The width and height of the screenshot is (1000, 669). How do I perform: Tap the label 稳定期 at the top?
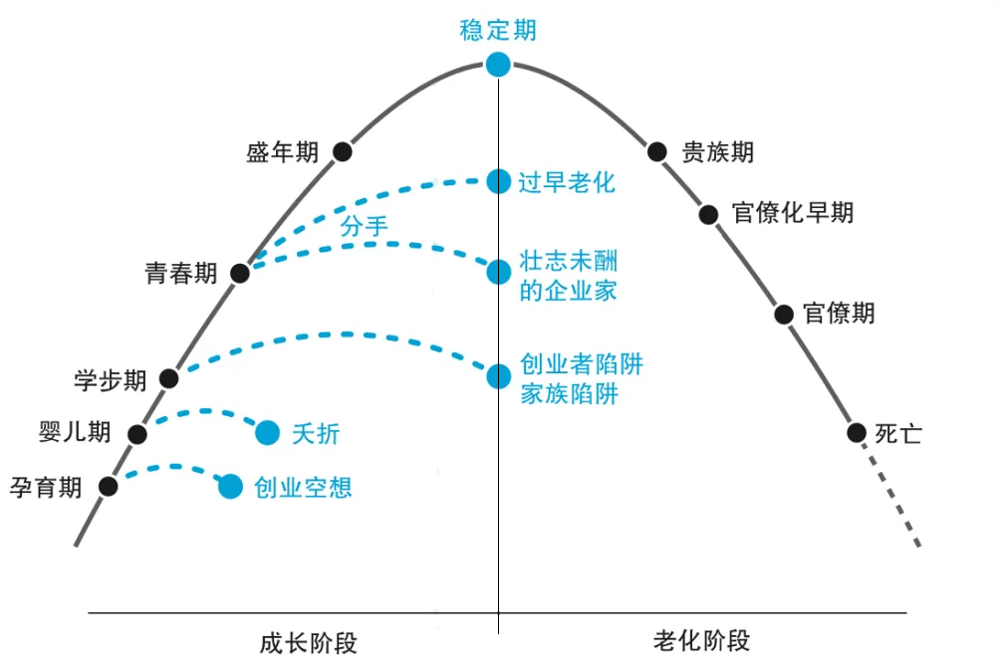tap(498, 30)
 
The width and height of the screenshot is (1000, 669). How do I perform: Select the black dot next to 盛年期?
tap(343, 151)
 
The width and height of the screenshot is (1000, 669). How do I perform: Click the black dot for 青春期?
tap(239, 273)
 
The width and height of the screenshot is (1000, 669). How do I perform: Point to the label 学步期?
tap(111, 380)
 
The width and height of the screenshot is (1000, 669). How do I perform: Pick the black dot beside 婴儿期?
tap(137, 433)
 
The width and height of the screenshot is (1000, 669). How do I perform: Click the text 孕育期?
tap(46, 488)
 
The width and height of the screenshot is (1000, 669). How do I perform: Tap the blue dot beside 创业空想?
tap(230, 486)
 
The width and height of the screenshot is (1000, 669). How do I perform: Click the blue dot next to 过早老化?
tap(498, 181)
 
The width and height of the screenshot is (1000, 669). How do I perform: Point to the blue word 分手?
tap(364, 226)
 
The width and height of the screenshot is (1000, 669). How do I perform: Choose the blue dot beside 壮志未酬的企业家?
tap(498, 272)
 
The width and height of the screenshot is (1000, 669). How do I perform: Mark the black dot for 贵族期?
tap(656, 151)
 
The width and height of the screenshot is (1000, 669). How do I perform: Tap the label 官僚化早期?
tap(792, 213)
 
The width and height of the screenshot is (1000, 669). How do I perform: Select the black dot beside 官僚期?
tap(784, 314)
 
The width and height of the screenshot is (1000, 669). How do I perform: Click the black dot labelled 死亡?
tap(856, 433)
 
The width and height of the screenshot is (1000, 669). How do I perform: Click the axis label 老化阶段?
tap(702, 641)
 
